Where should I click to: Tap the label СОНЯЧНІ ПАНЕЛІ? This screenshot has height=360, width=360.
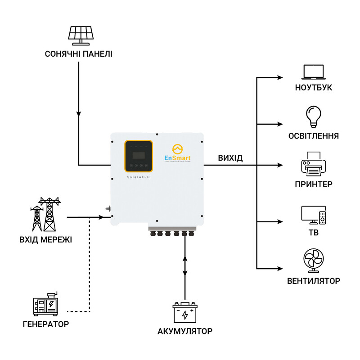click(x=79, y=54)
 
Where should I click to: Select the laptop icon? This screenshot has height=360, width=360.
click(x=314, y=72)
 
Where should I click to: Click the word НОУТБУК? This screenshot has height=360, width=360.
click(x=314, y=88)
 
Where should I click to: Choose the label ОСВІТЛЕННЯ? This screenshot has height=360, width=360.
click(x=314, y=136)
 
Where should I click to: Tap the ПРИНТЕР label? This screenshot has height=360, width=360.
click(x=314, y=184)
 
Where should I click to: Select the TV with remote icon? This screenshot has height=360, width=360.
click(x=314, y=215)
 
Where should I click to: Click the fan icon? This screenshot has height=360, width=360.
click(x=314, y=261)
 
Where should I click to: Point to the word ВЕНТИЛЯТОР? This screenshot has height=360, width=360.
click(x=314, y=281)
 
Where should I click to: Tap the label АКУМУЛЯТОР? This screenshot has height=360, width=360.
click(x=185, y=332)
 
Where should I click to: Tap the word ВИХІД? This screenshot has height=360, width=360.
click(x=230, y=158)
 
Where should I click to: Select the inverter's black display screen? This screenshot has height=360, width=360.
click(x=139, y=155)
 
